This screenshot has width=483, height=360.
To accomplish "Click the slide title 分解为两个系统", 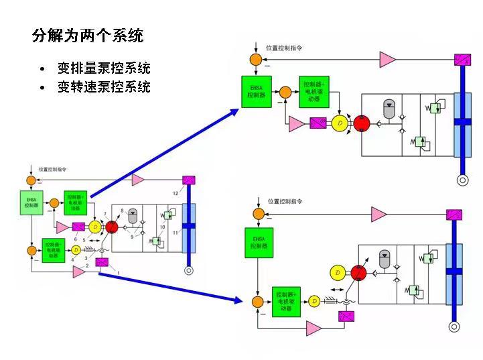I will click(x=88, y=36).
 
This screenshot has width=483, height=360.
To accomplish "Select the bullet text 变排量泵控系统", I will click(x=104, y=68).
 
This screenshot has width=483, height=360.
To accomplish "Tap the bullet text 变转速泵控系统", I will click(x=104, y=86).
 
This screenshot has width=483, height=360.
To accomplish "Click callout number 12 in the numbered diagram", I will click(x=175, y=193).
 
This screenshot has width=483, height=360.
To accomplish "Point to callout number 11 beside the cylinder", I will click(x=176, y=232).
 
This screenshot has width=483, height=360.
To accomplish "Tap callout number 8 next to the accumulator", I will click(x=122, y=211).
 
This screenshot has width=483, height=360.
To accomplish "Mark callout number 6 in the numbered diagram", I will click(x=76, y=239).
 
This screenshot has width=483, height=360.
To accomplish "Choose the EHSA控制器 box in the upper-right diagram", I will click(x=257, y=91).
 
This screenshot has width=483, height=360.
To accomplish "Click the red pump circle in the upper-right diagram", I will click(x=362, y=123).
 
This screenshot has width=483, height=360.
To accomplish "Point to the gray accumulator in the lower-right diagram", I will click(x=384, y=257).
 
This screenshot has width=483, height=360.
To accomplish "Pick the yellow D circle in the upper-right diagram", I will click(x=340, y=123).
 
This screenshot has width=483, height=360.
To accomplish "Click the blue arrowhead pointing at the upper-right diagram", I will click(x=235, y=111).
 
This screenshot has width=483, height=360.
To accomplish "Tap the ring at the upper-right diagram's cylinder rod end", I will click(x=462, y=180).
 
